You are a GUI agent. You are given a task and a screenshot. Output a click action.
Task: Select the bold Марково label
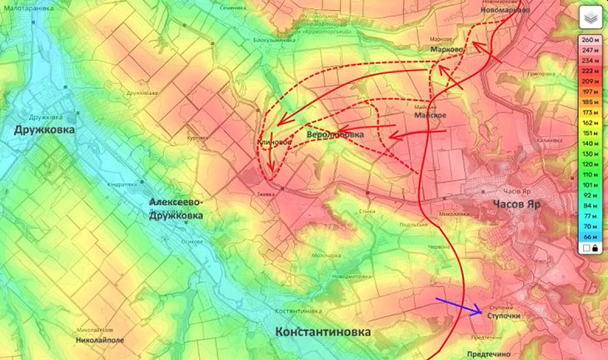tap(446, 51)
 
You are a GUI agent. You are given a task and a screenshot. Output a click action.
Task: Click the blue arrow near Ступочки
tap(458, 307)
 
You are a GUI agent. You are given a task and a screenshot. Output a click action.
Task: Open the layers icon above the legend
tap(589, 17)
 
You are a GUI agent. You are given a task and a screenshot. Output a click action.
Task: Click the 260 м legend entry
tap(589, 40)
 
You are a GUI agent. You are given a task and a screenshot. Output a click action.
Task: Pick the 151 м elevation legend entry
tap(589, 133)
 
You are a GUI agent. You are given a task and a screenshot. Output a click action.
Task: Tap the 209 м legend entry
tap(589, 81)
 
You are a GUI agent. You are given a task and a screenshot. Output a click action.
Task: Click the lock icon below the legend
tap(596, 248)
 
